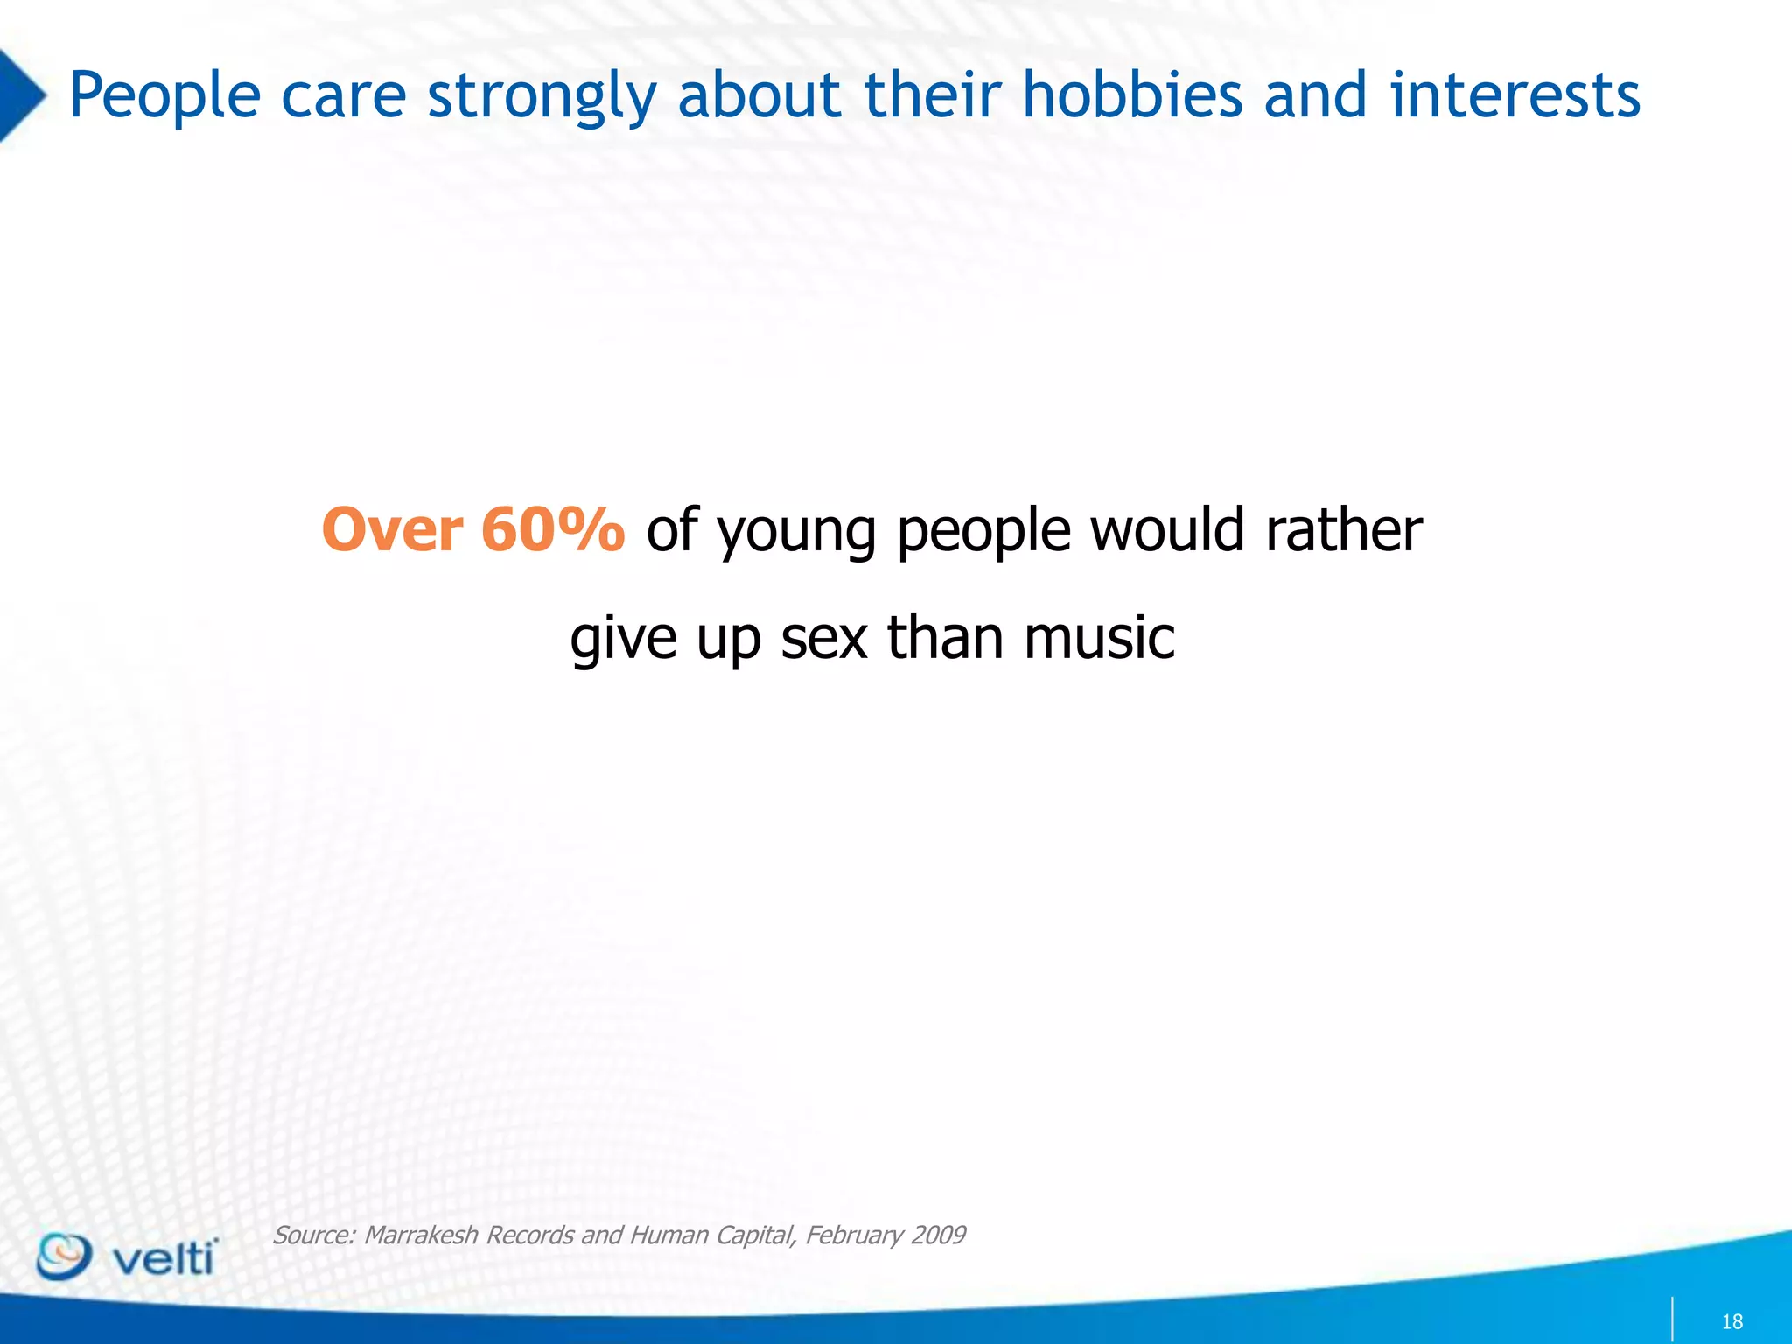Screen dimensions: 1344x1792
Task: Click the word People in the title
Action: pyautogui.click(x=164, y=96)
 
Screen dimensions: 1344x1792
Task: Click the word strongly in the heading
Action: pyautogui.click(x=541, y=96)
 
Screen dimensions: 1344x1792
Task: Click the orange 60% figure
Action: pyautogui.click(x=553, y=530)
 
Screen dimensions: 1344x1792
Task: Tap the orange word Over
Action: pyautogui.click(x=392, y=530)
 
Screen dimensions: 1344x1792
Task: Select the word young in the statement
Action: pyautogui.click(x=796, y=534)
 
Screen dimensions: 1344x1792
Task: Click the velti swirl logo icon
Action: pyautogui.click(x=63, y=1256)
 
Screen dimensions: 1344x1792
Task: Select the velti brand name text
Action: pyautogui.click(x=164, y=1258)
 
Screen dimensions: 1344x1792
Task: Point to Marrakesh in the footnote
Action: pyautogui.click(x=421, y=1235)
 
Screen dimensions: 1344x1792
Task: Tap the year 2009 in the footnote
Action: pyautogui.click(x=937, y=1235)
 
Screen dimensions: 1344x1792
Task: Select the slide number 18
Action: pyautogui.click(x=1732, y=1321)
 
